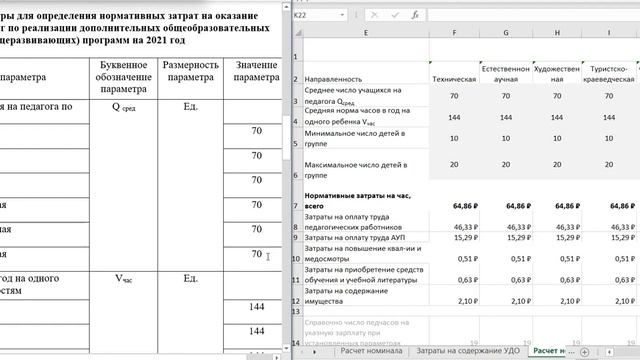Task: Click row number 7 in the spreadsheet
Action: (297, 205)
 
